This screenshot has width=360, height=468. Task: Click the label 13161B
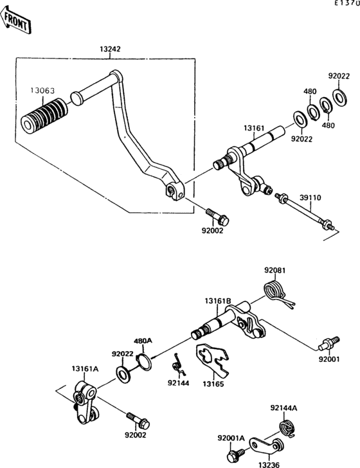[x=218, y=300]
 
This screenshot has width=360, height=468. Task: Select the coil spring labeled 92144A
[x=285, y=427]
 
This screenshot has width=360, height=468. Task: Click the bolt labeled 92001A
[x=233, y=456]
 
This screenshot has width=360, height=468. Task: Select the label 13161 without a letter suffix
[x=253, y=128]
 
